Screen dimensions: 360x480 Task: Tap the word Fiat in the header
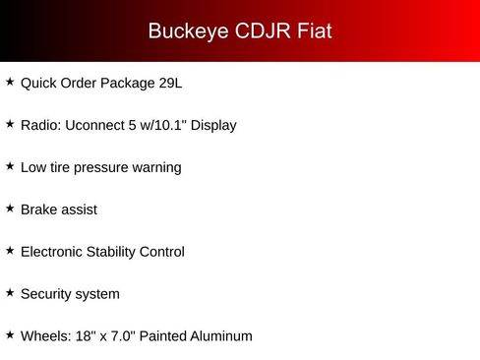point(314,31)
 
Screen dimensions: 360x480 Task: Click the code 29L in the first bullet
point(169,84)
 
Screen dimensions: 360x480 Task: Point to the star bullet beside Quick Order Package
point(10,83)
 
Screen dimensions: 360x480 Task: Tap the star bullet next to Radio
point(10,125)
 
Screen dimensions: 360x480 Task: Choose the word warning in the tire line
point(157,168)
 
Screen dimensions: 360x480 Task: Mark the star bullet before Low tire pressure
point(10,167)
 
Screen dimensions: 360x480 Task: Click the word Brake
point(39,210)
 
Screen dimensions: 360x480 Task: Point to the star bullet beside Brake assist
point(10,209)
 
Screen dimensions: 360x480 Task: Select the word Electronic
point(55,252)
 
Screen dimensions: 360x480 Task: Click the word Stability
point(122,252)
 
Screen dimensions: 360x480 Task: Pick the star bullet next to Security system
point(10,293)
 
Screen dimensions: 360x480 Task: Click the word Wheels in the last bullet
point(43,336)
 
